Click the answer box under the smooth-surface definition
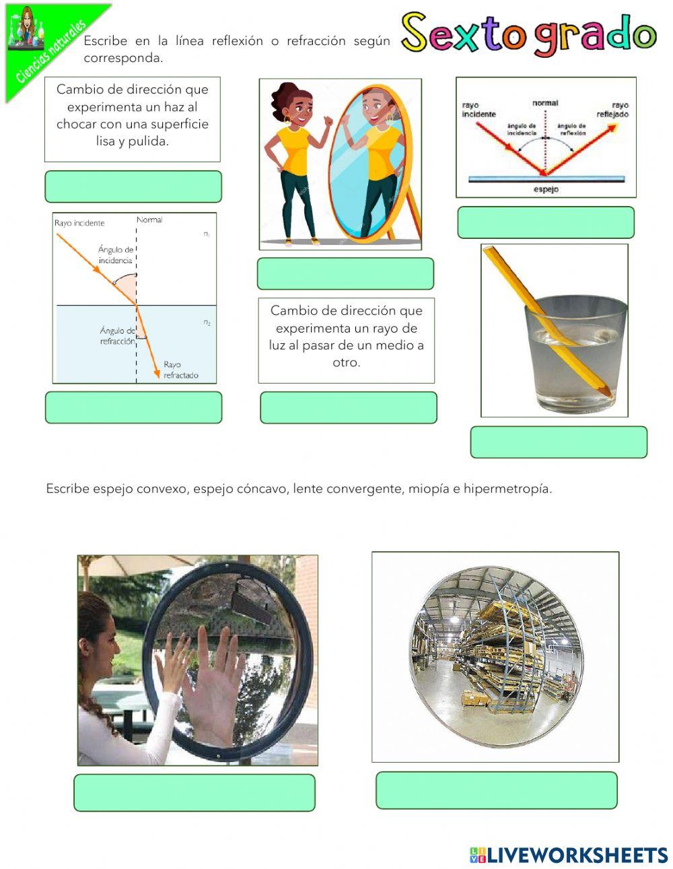tap(133, 186)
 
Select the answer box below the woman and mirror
tap(345, 274)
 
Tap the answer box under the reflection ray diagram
tap(546, 223)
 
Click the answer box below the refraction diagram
tap(133, 408)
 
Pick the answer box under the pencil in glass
tap(559, 442)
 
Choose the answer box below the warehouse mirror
tap(496, 790)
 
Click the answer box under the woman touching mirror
tap(194, 793)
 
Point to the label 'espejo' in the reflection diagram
tap(546, 190)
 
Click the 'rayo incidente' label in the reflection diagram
tap(479, 110)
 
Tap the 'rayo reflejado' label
tap(612, 110)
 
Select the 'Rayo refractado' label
tap(181, 370)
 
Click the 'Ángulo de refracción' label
tap(118, 336)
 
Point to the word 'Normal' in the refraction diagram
tap(149, 220)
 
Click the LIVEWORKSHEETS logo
tap(569, 855)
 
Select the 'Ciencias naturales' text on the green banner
tap(50, 53)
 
